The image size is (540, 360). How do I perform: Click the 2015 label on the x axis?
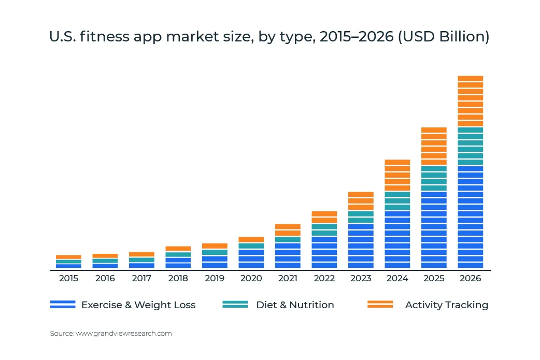[68, 279]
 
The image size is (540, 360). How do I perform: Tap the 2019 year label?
[215, 279]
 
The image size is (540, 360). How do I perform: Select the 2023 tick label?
[361, 279]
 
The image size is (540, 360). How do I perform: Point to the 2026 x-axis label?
[470, 279]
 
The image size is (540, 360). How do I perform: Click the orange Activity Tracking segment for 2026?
[470, 101]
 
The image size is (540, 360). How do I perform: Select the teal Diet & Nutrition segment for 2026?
[470, 146]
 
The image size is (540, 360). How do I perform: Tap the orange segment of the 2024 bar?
[397, 175]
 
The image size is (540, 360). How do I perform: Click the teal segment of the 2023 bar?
[361, 217]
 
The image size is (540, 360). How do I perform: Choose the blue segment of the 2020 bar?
[251, 258]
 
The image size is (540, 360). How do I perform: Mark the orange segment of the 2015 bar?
[68, 257]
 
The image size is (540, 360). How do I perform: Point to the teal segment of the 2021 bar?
[288, 239]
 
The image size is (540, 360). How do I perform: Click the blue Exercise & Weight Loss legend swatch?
[63, 305]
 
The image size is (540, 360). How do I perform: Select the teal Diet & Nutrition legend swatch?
[235, 305]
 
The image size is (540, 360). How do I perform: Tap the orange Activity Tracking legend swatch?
[380, 305]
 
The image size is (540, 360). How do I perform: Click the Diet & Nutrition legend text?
[295, 305]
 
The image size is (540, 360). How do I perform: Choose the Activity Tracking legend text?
[447, 305]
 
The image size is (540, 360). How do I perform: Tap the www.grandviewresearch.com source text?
[123, 334]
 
